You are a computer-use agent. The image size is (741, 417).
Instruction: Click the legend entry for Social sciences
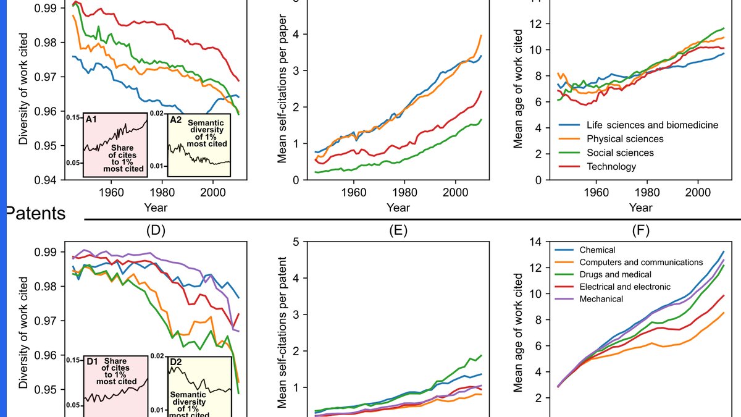click(620, 153)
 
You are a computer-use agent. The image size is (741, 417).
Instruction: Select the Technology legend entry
click(611, 166)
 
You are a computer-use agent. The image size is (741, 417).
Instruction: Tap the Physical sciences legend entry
click(625, 138)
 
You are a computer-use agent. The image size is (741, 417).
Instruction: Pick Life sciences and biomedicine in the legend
click(652, 125)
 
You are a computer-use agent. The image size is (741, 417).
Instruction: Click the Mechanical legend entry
click(601, 299)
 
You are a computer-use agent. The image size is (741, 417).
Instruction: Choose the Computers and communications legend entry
click(641, 262)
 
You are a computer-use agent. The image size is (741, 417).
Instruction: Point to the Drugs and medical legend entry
click(615, 274)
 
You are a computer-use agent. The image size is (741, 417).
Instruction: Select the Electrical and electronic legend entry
click(625, 287)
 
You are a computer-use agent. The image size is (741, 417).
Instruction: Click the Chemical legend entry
click(598, 250)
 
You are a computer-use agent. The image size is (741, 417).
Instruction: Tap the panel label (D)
click(156, 230)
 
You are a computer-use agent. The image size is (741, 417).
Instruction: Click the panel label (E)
click(398, 230)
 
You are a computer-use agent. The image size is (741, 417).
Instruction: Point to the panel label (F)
click(641, 230)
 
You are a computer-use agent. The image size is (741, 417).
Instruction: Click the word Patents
click(36, 214)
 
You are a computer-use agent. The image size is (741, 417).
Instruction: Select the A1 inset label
click(91, 119)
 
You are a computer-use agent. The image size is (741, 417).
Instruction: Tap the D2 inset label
click(175, 362)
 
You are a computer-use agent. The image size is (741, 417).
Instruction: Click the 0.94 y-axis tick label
click(45, 180)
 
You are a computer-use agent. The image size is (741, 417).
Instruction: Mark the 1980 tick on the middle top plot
click(404, 192)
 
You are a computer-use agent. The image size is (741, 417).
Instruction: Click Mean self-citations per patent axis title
click(282, 332)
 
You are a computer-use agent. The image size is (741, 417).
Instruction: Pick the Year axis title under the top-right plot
click(641, 208)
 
